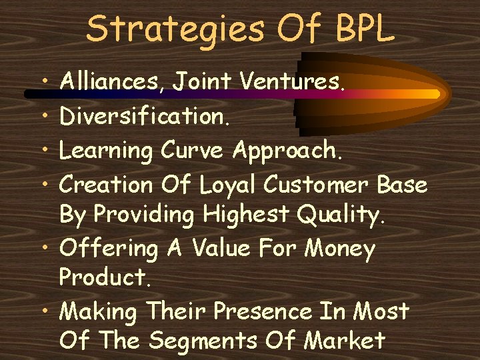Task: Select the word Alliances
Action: [113, 83]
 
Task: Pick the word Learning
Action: [107, 150]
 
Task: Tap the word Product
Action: [103, 277]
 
